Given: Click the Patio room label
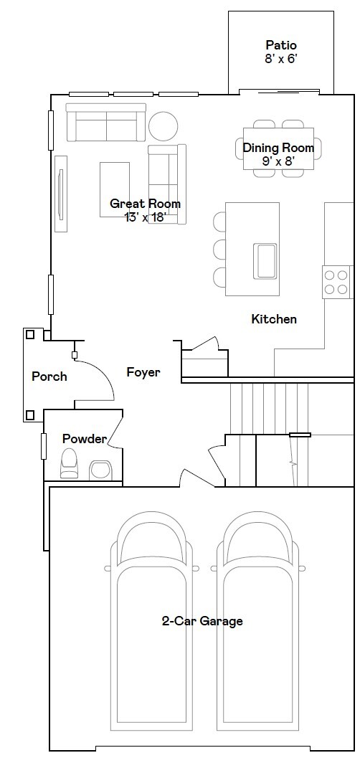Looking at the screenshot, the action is [x=280, y=45].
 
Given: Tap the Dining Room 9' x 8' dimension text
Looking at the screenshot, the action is [x=278, y=161].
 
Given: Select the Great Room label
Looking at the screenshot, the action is [x=145, y=204].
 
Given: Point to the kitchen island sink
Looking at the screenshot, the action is [x=265, y=260].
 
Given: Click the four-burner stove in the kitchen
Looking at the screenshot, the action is [x=336, y=283].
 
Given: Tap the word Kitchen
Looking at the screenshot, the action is [x=274, y=319].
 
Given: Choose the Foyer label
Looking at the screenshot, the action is [x=143, y=372].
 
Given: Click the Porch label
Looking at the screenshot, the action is [x=49, y=376].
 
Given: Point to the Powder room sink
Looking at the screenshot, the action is [x=100, y=470].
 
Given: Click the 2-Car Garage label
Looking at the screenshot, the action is [x=202, y=621].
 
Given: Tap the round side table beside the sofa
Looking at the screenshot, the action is [x=164, y=125].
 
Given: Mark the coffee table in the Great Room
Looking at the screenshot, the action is [x=115, y=189].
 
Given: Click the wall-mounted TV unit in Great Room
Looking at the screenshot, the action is [x=61, y=194].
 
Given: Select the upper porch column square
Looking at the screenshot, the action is [x=30, y=334].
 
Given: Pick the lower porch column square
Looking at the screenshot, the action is [x=30, y=414].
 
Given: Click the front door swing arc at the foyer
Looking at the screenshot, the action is [x=103, y=372].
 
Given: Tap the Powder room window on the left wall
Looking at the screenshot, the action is [x=44, y=446].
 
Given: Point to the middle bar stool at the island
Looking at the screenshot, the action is [x=219, y=248].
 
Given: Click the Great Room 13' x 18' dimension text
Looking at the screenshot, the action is [x=145, y=217].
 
